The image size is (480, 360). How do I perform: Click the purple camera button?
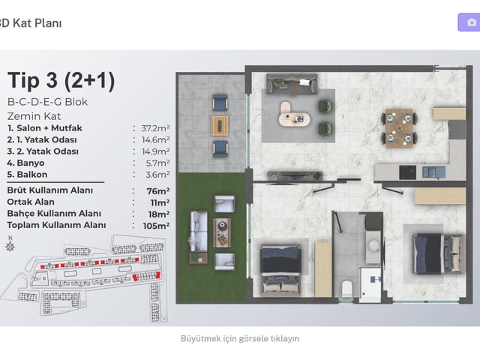coord(469,22)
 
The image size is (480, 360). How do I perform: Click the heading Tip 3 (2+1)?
coord(61,80)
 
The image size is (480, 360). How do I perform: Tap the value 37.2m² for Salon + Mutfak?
coord(155,128)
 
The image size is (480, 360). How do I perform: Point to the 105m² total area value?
coord(157,226)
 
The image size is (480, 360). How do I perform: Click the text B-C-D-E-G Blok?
coord(48,102)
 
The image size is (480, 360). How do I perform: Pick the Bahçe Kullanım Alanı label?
coord(54,213)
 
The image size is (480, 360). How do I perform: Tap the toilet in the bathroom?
coord(346,288)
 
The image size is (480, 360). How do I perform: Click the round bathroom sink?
coord(373,245)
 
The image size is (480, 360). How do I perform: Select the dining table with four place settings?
coord(400,128)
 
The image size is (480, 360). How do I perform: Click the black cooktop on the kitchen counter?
coord(408,172)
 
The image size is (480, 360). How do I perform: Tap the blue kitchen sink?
coord(433,172)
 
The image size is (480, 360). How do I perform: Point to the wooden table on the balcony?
coord(220,125)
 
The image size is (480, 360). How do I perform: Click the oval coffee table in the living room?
coord(294,115)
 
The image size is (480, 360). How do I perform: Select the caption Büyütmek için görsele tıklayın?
coord(240,338)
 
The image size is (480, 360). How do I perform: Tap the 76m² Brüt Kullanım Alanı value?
coord(158,191)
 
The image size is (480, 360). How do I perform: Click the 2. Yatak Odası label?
coord(43,151)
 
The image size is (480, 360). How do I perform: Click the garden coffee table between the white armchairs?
coord(222,232)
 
